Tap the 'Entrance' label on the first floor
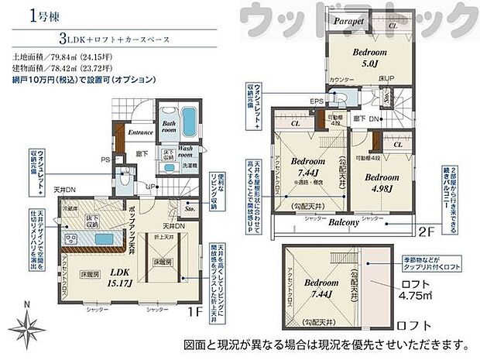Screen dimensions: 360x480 141,132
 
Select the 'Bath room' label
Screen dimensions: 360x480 170,127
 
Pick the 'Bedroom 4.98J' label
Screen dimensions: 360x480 382,181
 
